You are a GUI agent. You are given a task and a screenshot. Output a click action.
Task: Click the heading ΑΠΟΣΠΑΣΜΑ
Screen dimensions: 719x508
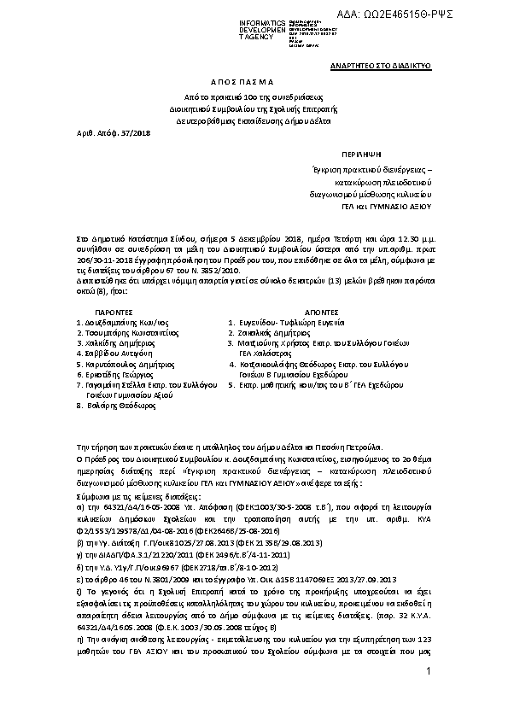[x=254, y=82]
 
